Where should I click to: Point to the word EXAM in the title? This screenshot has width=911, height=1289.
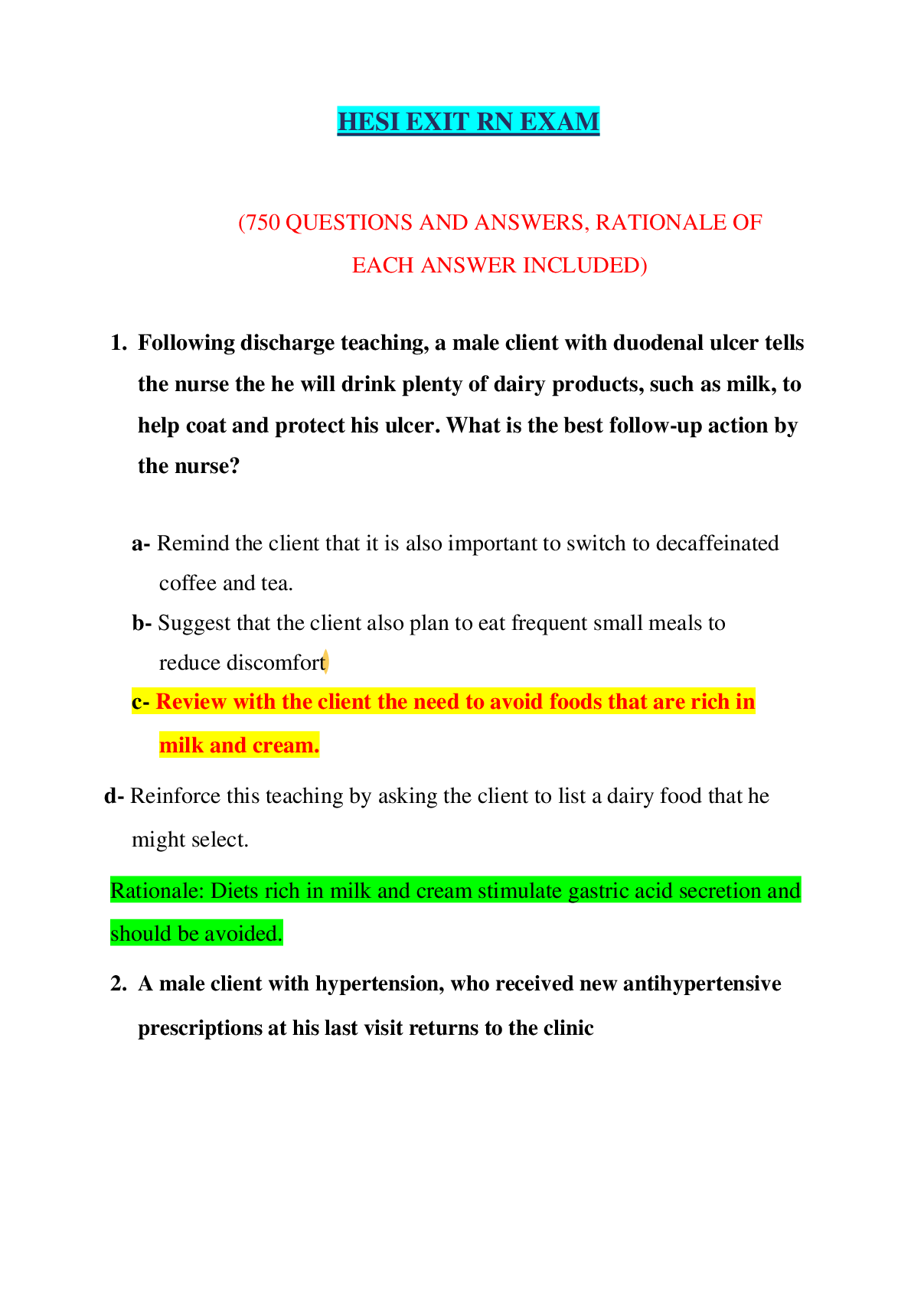tap(560, 122)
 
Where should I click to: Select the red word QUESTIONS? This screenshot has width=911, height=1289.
tap(349, 223)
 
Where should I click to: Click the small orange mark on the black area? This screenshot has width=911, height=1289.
tap(325, 661)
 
